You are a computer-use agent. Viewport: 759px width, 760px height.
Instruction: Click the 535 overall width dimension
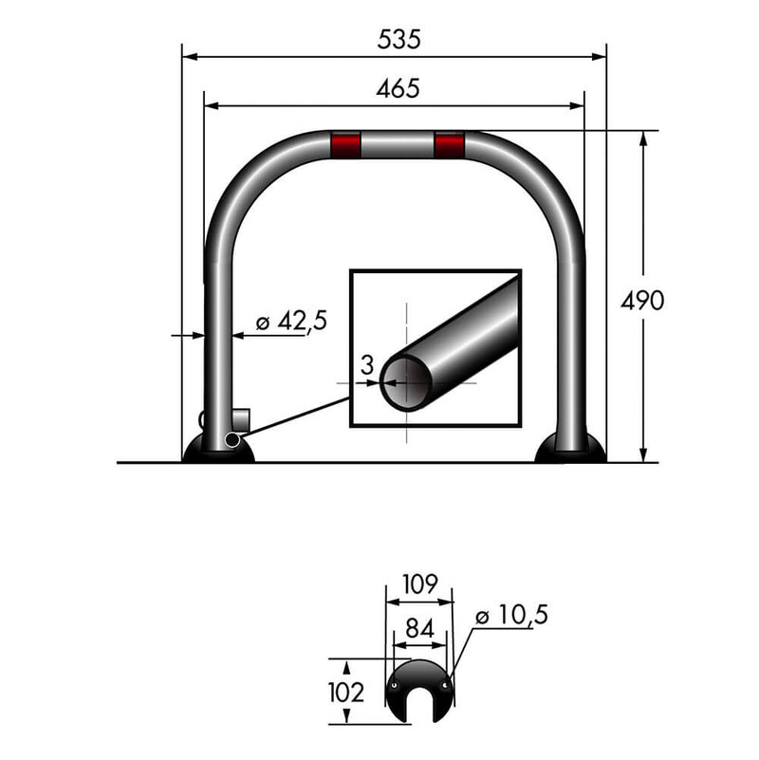398,40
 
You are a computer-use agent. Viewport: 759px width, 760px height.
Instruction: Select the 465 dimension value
398,88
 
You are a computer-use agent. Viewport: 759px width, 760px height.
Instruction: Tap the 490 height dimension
642,301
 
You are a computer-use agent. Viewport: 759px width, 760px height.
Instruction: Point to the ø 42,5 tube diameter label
291,321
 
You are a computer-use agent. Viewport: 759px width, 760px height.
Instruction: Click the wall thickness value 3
366,363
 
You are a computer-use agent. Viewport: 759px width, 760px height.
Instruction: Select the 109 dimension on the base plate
418,584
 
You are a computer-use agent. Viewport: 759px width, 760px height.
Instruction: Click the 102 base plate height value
344,692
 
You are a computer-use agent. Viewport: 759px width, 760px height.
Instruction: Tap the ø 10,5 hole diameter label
511,615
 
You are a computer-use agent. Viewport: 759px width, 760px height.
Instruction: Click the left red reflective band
345,145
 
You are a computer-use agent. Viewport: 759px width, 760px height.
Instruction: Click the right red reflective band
449,145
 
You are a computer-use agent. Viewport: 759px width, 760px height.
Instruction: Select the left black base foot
219,450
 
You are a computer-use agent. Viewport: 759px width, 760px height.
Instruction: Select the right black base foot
570,451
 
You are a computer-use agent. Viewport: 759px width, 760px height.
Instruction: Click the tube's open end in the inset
406,381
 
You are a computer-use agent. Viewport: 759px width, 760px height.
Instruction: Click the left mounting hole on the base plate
393,684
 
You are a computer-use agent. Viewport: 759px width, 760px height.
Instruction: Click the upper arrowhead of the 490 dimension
644,139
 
